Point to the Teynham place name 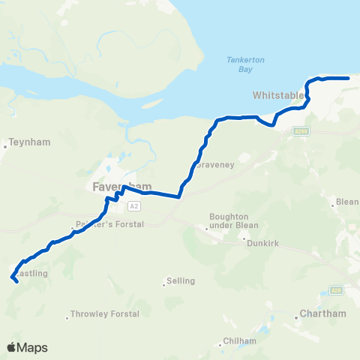click(x=25, y=140)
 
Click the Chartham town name click(x=322, y=313)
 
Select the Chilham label click(x=240, y=341)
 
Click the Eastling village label click(x=31, y=274)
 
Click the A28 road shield click(x=337, y=289)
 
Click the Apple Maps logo click(x=28, y=347)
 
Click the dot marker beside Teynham click(x=5, y=146)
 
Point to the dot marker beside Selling click(x=164, y=283)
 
